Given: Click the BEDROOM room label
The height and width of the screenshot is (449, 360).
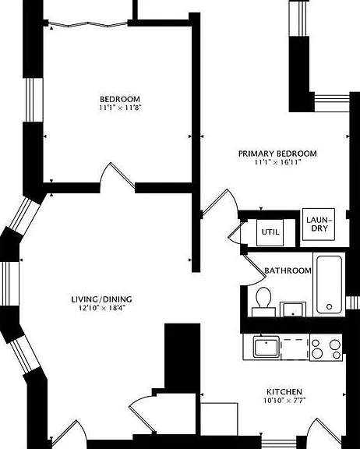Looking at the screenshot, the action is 120,99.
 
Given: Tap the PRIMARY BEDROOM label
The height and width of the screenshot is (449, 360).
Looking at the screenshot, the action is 277,154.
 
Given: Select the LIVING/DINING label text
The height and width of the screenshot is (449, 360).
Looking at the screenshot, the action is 101,299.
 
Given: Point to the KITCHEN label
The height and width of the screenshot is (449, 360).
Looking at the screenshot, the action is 284,392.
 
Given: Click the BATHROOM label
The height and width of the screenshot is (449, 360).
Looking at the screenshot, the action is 288,270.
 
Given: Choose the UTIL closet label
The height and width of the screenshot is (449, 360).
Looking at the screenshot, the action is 270,232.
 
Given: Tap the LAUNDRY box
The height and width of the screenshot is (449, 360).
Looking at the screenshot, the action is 319,224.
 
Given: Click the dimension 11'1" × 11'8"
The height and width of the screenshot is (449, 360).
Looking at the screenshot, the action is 120,108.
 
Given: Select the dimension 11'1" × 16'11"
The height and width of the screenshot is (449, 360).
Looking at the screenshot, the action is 278,162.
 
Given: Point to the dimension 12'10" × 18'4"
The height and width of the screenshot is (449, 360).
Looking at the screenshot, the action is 102,308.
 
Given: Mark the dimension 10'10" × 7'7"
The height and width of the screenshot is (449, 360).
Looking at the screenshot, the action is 284,401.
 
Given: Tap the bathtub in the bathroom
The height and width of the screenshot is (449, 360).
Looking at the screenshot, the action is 329,285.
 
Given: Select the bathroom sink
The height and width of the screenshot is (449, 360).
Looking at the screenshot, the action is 293,309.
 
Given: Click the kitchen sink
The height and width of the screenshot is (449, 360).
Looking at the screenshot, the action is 266,347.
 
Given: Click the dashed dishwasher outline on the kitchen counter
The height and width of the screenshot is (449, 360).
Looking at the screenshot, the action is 295,348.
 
